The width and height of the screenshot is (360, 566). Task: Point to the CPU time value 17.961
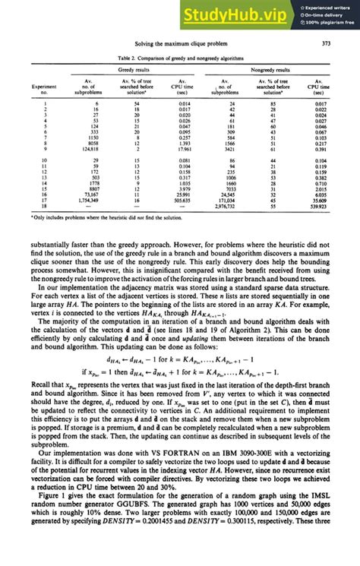182,150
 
